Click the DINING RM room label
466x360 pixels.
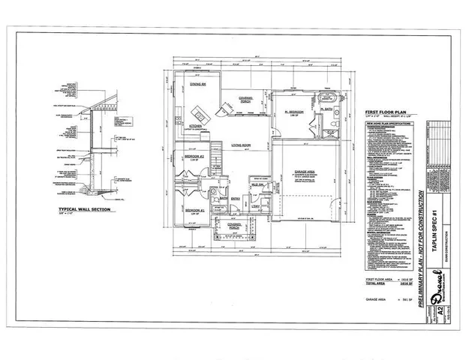(x=198, y=84)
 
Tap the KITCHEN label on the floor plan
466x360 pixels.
(x=197, y=125)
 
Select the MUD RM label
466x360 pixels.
(x=255, y=184)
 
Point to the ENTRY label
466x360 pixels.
(x=236, y=198)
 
